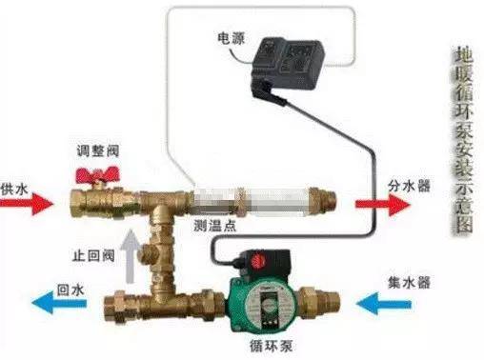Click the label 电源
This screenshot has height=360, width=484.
tap(231, 39)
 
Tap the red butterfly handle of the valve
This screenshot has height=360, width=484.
tap(97, 175)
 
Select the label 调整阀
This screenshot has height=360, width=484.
tap(98, 150)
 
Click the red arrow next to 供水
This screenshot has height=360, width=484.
tap(27, 203)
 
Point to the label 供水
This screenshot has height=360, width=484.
tap(14, 190)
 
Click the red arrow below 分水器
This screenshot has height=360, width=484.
tap(382, 204)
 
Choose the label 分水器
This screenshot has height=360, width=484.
tap(409, 186)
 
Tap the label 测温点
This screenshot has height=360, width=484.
tap(215, 226)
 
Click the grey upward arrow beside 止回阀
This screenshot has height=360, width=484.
tap(131, 256)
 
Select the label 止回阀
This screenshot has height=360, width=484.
tap(93, 255)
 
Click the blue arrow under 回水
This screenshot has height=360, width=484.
tap(59, 303)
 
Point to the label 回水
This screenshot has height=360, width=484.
tap(71, 290)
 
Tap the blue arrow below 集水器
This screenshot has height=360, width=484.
tap(384, 304)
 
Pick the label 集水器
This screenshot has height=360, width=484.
tap(409, 282)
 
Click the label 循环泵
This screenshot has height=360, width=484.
tap(271, 346)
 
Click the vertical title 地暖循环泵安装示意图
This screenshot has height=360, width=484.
tap(464, 141)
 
